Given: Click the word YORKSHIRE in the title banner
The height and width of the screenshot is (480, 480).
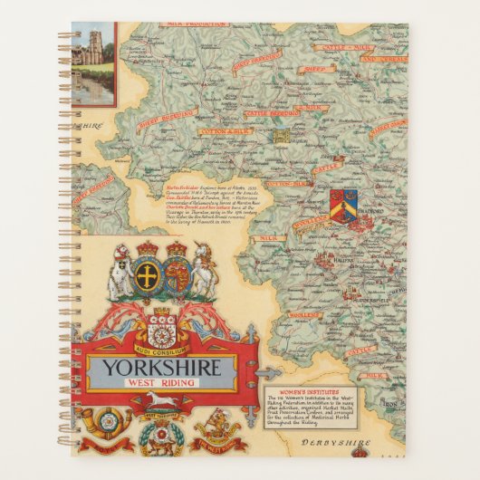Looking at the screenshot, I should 162,368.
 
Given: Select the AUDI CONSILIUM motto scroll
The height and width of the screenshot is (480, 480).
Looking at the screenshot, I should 161,347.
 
